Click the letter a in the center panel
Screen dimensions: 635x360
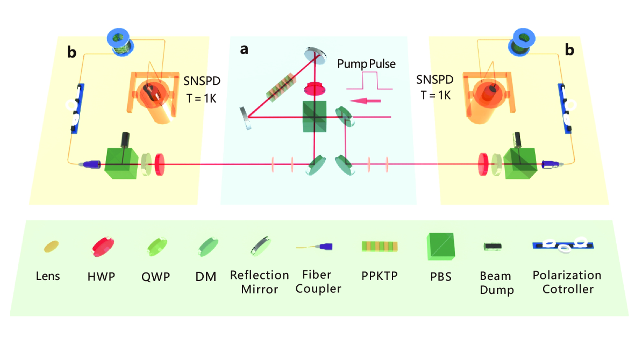[244, 49]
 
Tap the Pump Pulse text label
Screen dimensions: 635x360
[367, 64]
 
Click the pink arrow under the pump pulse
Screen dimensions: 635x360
[365, 100]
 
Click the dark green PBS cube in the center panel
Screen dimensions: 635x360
[315, 117]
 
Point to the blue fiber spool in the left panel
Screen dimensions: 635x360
[120, 42]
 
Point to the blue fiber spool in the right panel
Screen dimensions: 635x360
[522, 42]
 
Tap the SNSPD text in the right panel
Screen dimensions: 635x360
[434, 80]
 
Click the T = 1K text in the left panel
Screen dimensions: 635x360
[201, 98]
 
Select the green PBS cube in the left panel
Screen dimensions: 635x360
[121, 163]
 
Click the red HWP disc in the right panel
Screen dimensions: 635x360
[483, 164]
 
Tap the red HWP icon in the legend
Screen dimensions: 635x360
[103, 246]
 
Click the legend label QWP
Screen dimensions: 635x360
[155, 277]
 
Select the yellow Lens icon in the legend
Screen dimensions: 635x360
[52, 246]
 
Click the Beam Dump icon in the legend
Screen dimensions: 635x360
[493, 246]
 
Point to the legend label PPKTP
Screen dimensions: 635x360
[380, 276]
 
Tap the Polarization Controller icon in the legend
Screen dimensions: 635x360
[563, 245]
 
